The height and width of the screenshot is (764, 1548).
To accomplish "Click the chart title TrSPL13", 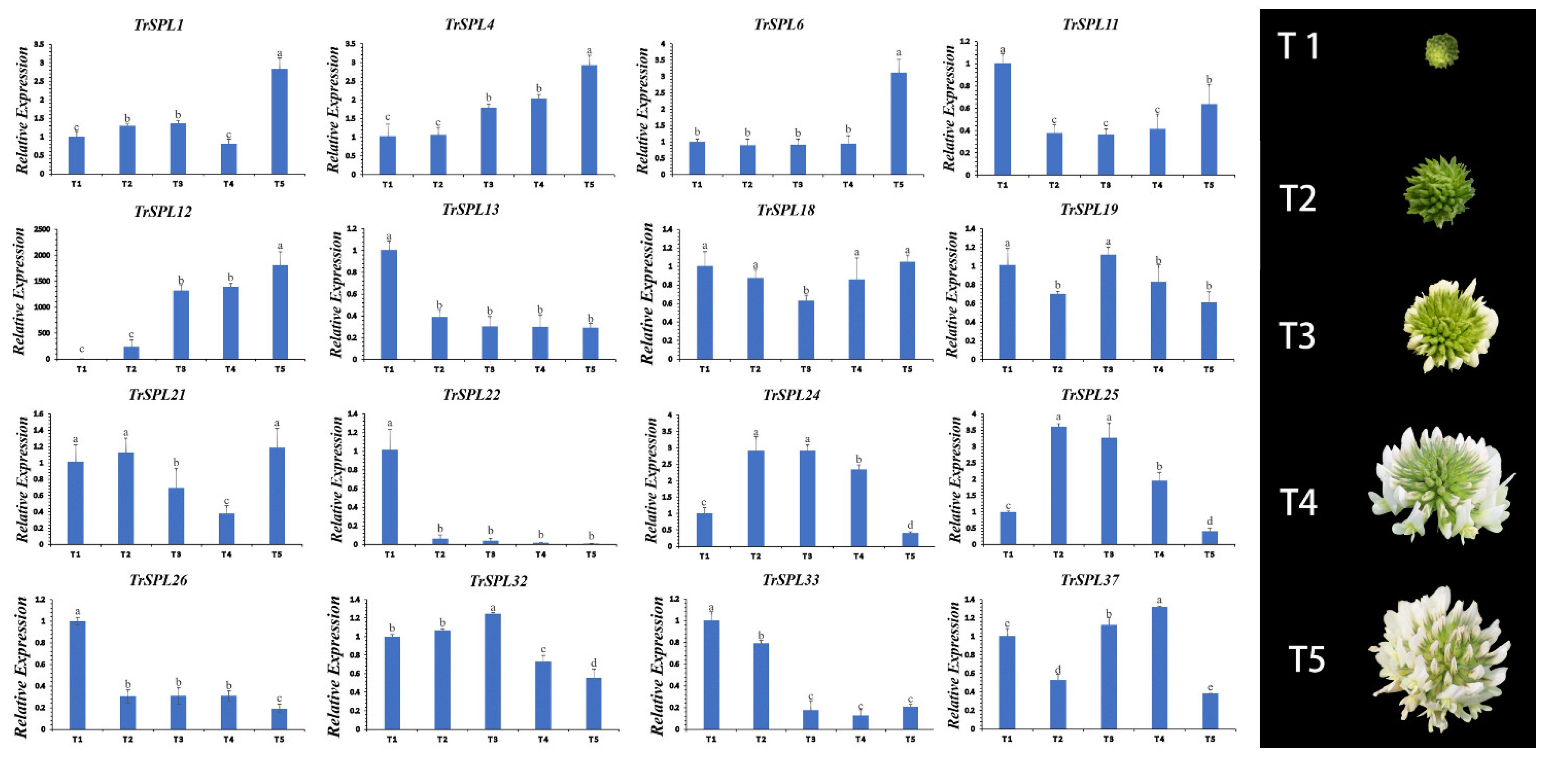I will pos(470,209).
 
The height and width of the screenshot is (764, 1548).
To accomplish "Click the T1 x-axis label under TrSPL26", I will pos(77,739).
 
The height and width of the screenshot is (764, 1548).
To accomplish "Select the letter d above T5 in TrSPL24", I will pos(910,525).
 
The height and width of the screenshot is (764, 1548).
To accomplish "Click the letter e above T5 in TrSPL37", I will pos(1210,687).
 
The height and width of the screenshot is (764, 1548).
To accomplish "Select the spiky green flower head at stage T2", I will pos(1439,192).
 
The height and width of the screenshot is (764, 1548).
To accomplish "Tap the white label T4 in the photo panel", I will pos(1298,502).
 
